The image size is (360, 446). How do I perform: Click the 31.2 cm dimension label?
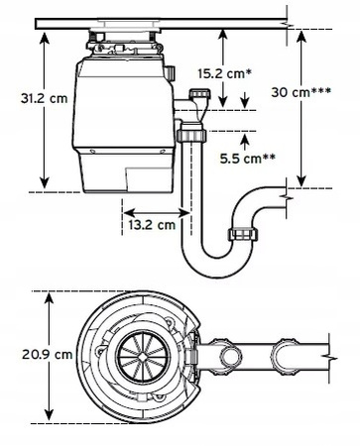[44, 98]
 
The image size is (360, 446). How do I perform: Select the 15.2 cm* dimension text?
[223, 73]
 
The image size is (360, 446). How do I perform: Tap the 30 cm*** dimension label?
[300, 92]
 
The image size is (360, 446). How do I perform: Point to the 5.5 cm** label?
[248, 159]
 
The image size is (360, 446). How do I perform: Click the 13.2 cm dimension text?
[152, 225]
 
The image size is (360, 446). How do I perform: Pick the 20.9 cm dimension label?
[48, 355]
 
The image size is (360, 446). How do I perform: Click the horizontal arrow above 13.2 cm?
[157, 212]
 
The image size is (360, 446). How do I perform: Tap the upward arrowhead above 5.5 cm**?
[245, 140]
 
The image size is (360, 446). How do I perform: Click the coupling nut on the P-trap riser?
[243, 234]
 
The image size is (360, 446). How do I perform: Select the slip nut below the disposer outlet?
[191, 136]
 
